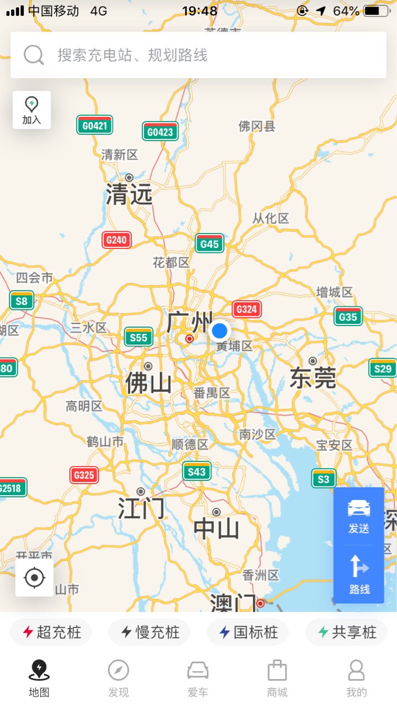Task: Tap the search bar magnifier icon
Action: click(x=34, y=55)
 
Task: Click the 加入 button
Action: click(x=31, y=110)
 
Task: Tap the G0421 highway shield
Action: click(x=95, y=125)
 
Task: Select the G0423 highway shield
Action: click(x=160, y=132)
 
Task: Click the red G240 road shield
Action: click(x=116, y=240)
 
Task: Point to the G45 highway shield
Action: click(x=210, y=243)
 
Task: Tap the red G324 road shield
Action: click(x=246, y=309)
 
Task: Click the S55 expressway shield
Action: click(x=138, y=337)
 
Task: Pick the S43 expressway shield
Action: click(x=197, y=471)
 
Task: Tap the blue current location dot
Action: click(x=219, y=331)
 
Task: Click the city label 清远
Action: click(x=129, y=194)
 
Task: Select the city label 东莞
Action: click(x=313, y=378)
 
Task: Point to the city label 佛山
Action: click(x=148, y=383)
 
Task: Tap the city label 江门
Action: click(x=141, y=508)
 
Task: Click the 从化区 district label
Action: click(x=271, y=218)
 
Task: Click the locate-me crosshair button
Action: click(x=35, y=578)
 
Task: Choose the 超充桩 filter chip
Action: click(x=51, y=632)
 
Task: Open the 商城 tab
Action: click(x=277, y=679)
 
